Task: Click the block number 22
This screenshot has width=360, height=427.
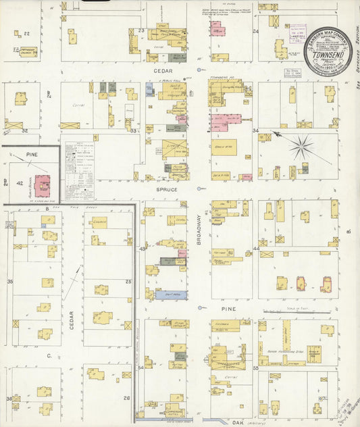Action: pos(26,33)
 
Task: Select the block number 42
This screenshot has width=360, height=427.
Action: pos(20,183)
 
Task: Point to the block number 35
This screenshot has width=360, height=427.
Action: pos(9,281)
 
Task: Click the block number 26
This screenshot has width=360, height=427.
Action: pos(127,398)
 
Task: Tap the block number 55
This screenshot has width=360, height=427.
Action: pos(256,368)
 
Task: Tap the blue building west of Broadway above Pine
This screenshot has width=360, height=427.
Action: pos(171,295)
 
